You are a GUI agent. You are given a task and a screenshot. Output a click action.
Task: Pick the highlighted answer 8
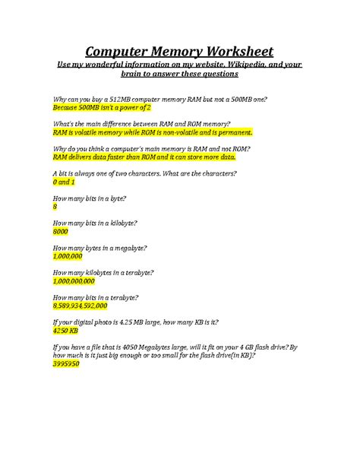(55, 207)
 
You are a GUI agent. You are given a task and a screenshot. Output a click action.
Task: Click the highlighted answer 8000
(61, 231)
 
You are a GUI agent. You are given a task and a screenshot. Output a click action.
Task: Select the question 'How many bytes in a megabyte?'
(99, 248)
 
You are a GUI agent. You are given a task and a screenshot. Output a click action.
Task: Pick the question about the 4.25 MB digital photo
(151, 322)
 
